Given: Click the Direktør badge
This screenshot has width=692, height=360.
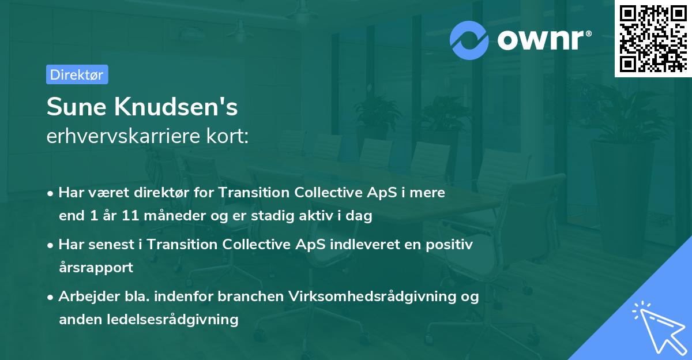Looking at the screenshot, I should (77, 74).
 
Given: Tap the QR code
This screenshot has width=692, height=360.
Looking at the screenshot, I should (653, 39).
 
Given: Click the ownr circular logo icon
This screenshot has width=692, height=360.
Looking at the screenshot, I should (469, 40).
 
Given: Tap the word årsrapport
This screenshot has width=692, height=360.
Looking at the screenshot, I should (96, 268).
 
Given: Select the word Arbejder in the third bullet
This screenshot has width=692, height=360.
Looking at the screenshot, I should (83, 297).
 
